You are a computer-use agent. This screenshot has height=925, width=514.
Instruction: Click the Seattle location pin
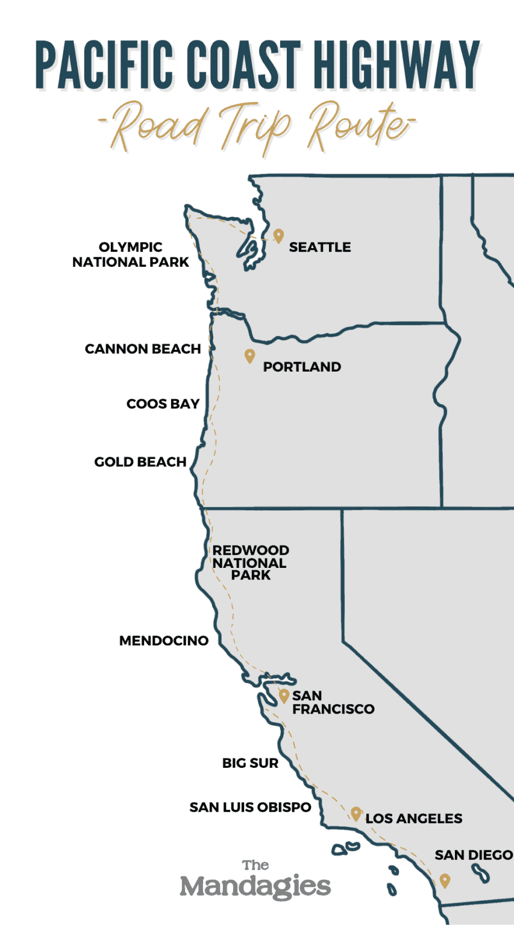coord(278,235)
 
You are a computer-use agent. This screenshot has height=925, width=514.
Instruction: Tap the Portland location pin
coord(249,356)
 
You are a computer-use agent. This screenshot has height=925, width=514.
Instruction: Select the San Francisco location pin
coord(284,696)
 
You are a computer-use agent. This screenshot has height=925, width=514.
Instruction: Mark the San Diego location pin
coord(445,880)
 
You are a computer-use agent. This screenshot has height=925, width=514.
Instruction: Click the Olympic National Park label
coord(131,255)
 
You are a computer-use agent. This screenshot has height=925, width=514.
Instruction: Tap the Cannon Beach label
coord(143,349)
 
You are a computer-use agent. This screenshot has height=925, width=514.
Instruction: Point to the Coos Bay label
coord(163,404)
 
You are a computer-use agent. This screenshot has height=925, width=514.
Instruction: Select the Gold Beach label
coord(140,462)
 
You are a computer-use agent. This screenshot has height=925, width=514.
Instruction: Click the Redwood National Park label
coord(251,562)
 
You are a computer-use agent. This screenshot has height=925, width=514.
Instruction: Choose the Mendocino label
coord(164,641)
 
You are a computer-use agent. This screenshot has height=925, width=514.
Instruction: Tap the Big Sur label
coord(250,763)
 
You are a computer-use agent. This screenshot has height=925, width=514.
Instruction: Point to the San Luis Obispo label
coord(250,807)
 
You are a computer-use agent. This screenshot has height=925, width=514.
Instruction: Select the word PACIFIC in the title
coord(90,66)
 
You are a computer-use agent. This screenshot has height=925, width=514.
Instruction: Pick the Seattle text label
coord(320,247)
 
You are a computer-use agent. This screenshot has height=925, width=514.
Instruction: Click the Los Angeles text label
coord(414,818)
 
